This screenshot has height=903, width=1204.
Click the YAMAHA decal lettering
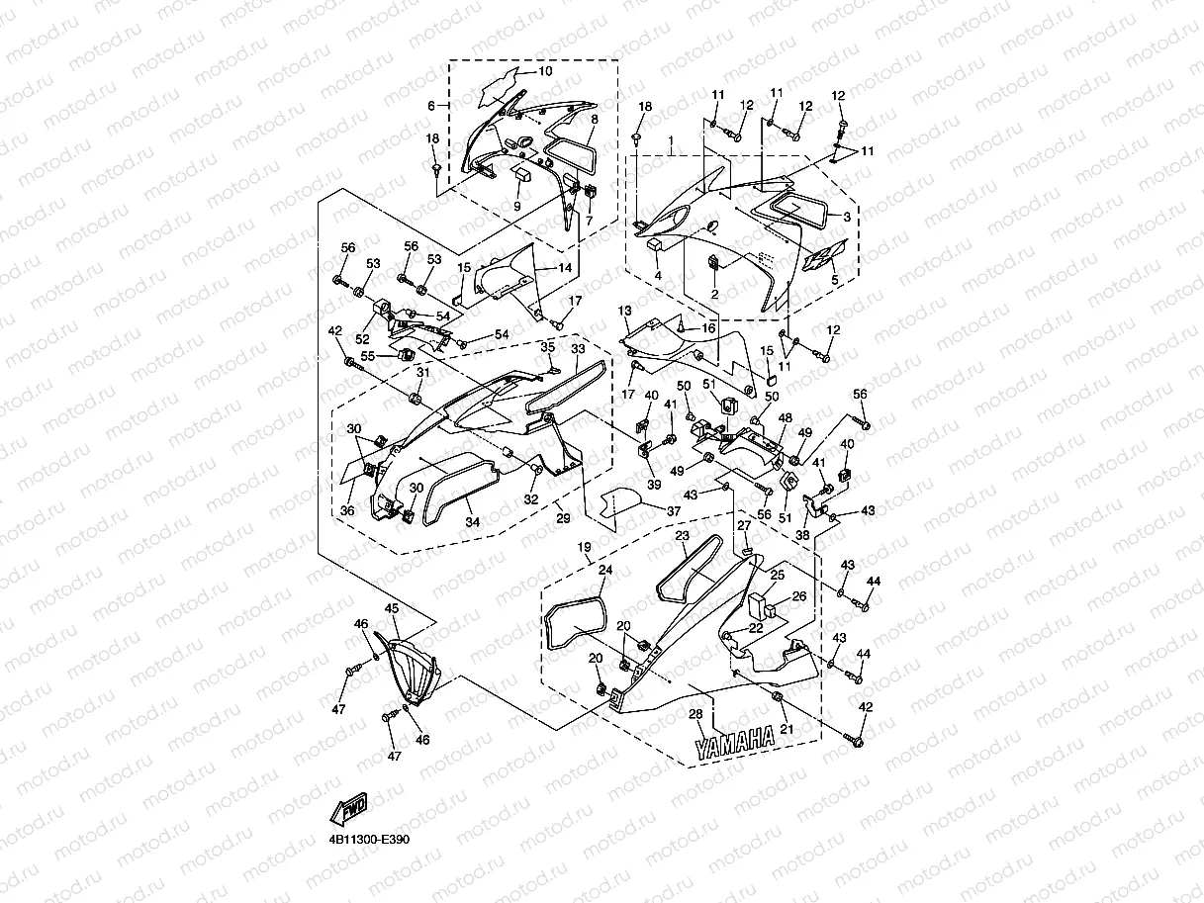[x=734, y=744]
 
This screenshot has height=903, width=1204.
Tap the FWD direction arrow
[x=350, y=809]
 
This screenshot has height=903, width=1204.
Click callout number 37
[x=673, y=510]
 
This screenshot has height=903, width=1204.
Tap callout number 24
[x=605, y=570]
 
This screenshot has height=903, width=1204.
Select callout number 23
[x=682, y=535]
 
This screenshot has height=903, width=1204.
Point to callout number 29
[x=562, y=518]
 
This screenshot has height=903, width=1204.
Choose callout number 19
[x=584, y=546]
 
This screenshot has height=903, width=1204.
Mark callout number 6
[x=431, y=105]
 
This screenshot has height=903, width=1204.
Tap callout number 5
[x=833, y=281]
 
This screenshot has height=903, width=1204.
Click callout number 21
[x=787, y=729]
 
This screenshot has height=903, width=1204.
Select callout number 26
[x=799, y=597]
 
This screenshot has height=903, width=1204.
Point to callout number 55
[x=366, y=355]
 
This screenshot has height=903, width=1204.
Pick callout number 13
[x=624, y=311]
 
